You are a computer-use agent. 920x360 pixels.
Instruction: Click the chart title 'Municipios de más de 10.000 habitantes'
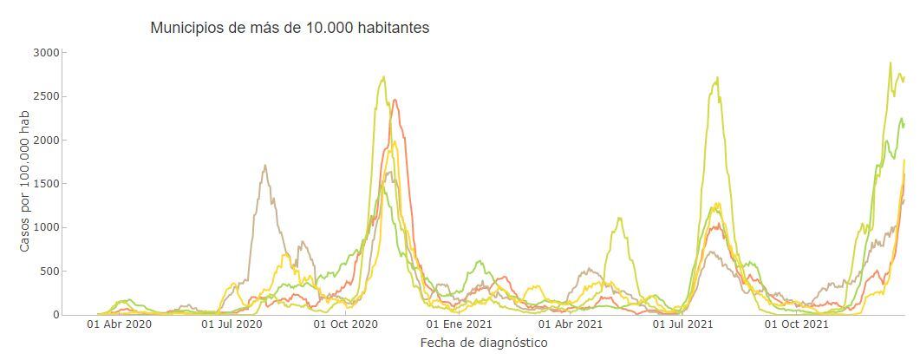290,28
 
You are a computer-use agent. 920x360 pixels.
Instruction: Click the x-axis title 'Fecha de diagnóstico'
483,343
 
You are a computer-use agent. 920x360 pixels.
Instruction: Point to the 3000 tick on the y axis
45,53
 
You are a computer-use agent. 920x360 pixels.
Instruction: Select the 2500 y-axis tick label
45,96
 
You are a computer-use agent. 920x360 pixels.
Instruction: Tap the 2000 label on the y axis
45,141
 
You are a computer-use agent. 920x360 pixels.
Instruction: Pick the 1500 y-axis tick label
45,184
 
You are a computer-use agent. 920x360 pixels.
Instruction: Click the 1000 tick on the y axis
45,227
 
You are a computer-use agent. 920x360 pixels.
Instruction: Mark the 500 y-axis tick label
49,272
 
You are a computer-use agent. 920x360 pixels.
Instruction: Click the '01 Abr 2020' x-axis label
120,324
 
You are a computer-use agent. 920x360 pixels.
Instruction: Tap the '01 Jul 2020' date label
232,324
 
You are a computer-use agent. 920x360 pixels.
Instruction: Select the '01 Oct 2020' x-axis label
345,324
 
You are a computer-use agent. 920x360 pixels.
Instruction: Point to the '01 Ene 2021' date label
459,324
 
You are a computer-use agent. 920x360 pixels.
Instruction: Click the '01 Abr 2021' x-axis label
570,324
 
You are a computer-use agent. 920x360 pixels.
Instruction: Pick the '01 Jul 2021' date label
682,324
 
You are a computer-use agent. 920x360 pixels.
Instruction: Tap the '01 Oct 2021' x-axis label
796,324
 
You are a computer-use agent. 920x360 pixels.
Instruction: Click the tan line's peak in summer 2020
264,165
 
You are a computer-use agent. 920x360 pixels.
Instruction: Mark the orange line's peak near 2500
395,100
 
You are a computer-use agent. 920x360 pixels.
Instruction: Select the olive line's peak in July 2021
717,78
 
